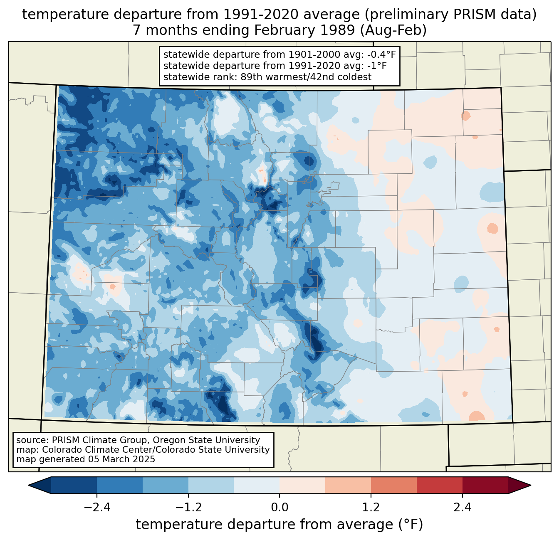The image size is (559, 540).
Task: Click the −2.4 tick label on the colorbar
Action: (96, 508)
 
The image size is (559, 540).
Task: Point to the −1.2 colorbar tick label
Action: (188, 508)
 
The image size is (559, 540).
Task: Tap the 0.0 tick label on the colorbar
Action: (279, 508)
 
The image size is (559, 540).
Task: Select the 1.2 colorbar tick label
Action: (371, 508)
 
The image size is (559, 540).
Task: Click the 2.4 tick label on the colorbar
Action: (463, 508)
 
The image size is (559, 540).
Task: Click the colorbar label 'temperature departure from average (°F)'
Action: (279, 525)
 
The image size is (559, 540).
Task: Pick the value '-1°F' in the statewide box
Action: (376, 66)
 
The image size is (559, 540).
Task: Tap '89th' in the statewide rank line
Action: (250, 77)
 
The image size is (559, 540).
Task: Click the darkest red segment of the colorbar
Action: (485, 485)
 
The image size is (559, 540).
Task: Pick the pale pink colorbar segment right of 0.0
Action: (302, 485)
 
